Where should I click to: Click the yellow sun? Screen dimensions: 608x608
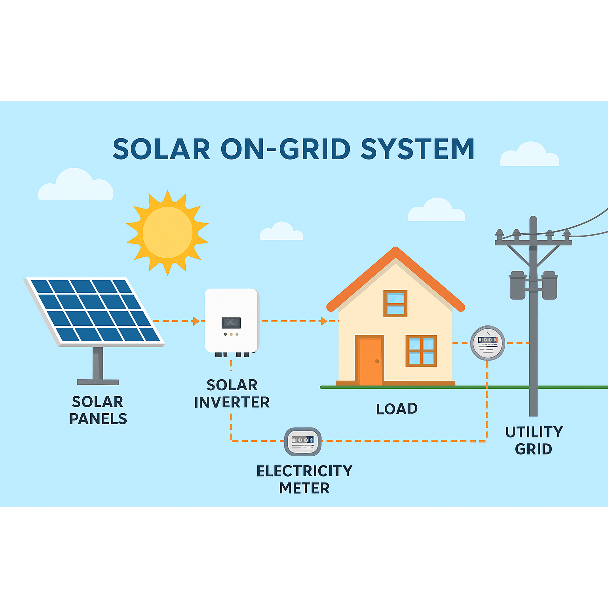(167, 232)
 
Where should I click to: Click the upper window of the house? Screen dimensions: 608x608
(395, 304)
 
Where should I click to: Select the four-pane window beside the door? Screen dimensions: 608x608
(421, 351)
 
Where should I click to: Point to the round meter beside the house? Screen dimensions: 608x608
(487, 343)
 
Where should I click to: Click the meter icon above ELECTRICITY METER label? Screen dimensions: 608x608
(303, 442)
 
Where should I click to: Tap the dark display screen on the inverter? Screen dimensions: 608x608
(231, 323)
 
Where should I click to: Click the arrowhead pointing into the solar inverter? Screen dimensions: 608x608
(196, 321)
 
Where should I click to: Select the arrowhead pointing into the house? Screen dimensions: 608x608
(324, 321)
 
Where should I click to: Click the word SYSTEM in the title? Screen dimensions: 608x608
(417, 149)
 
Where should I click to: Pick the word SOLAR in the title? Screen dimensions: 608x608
(161, 149)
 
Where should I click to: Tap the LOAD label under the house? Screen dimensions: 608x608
(397, 409)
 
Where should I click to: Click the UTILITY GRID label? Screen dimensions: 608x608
(534, 440)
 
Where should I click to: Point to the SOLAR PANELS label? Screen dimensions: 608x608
(98, 410)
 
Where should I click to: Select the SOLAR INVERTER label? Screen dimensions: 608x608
(232, 393)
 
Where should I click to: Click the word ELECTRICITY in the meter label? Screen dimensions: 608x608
(304, 471)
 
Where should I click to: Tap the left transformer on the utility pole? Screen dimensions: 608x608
(517, 285)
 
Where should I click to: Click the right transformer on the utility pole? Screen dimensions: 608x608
(549, 285)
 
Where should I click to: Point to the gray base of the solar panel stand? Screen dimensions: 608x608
(98, 382)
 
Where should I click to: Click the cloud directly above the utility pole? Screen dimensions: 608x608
(530, 155)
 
